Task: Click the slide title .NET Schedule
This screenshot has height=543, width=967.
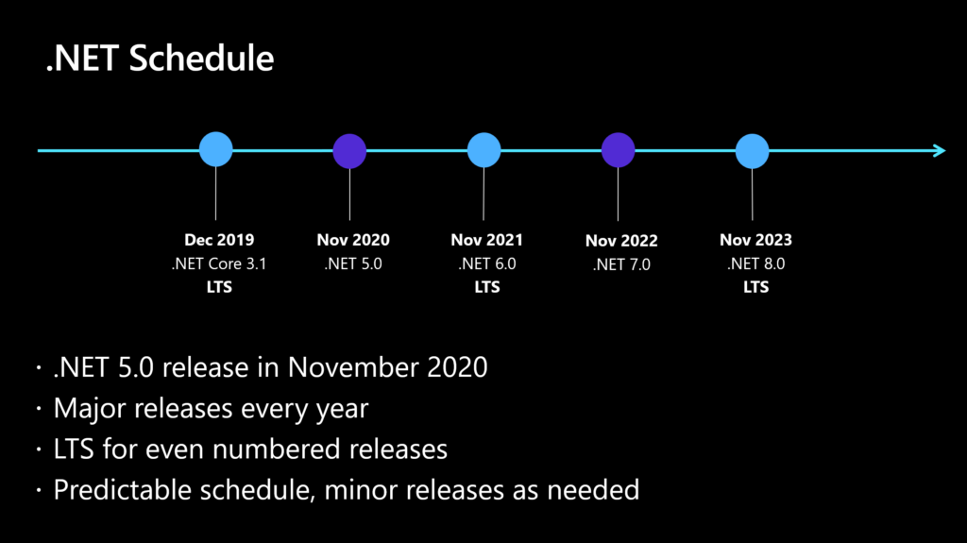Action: coord(161,59)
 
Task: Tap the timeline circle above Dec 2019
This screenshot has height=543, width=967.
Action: coord(216,150)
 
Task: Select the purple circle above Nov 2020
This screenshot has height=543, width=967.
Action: coord(350,150)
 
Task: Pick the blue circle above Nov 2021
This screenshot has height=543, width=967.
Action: coord(484,150)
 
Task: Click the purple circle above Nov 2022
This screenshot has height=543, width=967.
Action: coord(619,150)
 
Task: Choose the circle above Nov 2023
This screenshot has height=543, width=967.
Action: coord(753,150)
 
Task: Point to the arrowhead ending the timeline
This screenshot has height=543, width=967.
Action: coord(938,150)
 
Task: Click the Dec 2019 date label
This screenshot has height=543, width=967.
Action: coord(219,241)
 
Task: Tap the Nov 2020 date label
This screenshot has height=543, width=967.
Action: coord(353,241)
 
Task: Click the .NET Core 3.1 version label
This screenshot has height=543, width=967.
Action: coord(219,264)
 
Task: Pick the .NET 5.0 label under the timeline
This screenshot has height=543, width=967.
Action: coord(353,264)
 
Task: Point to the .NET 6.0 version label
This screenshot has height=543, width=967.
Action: coord(487,264)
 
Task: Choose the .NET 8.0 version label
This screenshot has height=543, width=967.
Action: coord(755,264)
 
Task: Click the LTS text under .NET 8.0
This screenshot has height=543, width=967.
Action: coord(755,287)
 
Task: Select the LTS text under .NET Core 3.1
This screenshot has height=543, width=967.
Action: coord(219,287)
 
